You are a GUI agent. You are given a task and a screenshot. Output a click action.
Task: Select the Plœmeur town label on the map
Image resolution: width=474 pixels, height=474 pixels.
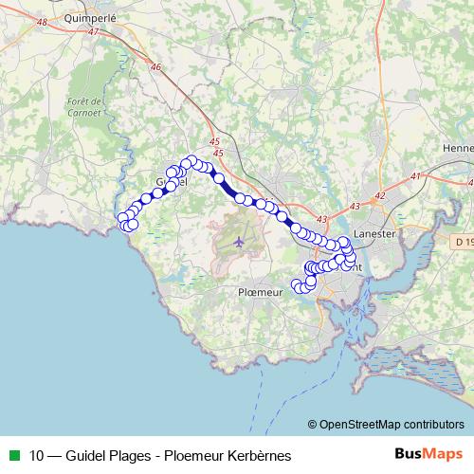[x=260, y=293]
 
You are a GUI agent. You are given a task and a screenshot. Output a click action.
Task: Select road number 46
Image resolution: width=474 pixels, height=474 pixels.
[x=156, y=66]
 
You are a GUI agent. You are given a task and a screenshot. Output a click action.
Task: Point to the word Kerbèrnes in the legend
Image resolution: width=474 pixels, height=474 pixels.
[x=259, y=454]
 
